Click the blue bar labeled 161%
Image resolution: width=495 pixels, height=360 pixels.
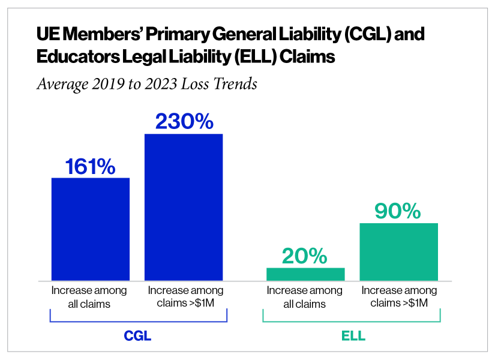pos(91,229)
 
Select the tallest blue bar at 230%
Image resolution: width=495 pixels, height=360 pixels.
pos(184,206)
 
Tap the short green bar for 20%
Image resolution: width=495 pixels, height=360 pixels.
pos(305,274)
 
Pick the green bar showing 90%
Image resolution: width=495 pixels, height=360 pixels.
pos(398,251)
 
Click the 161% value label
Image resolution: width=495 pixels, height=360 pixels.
pos(91,166)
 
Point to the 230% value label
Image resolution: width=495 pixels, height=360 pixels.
pos(184,122)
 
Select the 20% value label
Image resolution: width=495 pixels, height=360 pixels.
pos(305,256)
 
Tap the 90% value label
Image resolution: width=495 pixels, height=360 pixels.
pos(398,211)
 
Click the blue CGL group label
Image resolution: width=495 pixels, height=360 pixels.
pos(137,336)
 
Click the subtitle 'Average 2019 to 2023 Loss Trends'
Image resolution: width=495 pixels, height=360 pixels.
pos(147,83)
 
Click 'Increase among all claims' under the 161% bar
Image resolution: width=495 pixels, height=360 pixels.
pos(89,297)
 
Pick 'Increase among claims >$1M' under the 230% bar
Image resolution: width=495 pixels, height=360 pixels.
pos(185,297)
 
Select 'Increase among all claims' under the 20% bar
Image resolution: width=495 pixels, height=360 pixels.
pos(305,297)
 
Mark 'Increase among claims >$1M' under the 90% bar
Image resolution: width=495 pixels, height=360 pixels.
pos(400,297)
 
